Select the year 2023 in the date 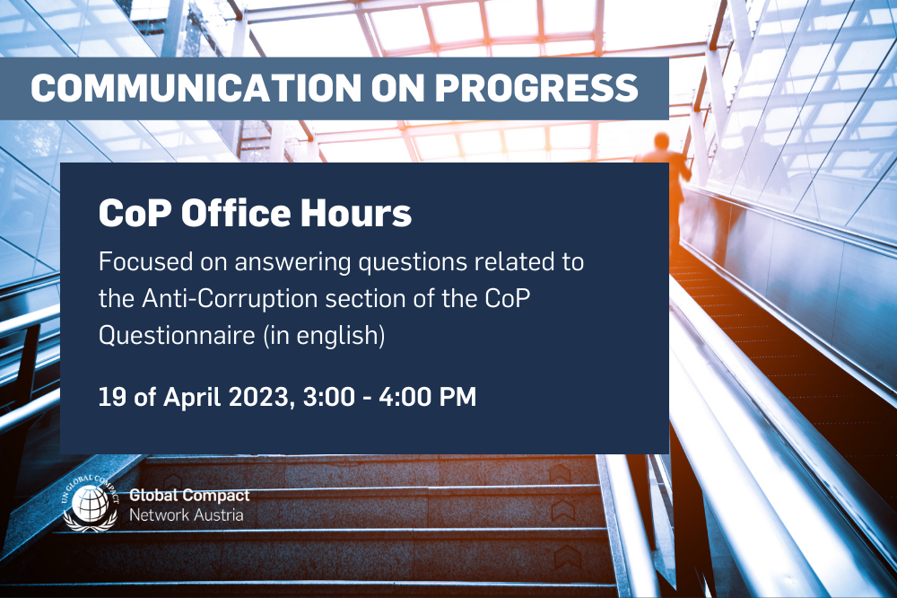coord(256,396)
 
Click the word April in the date coord(187,397)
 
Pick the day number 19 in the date coord(110,396)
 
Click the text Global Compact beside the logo coord(189,496)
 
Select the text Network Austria coord(186,515)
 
